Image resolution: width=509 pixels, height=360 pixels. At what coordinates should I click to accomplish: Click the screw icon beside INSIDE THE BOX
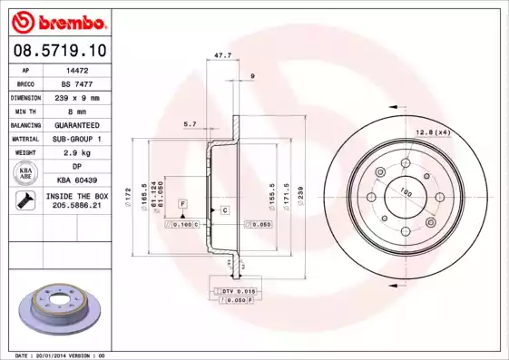tap(23, 201)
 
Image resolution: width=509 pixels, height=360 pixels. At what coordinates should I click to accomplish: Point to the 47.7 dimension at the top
tap(220, 56)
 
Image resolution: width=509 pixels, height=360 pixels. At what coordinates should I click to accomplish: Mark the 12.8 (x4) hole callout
tap(432, 133)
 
